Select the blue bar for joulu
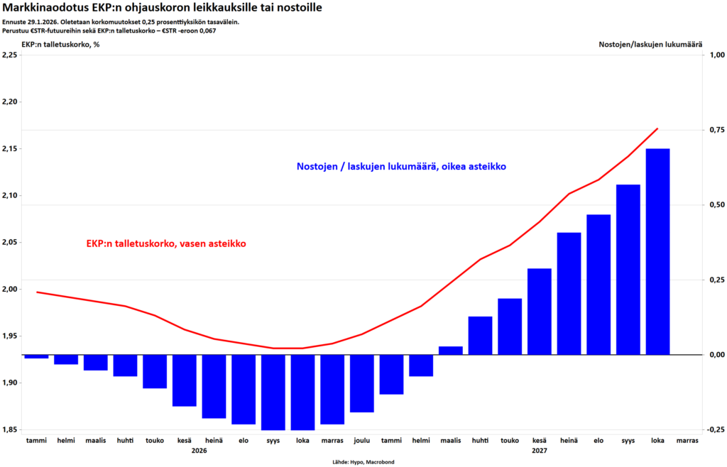(361, 383)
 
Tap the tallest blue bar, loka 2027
(657, 251)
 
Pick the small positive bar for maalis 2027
(450, 350)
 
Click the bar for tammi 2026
(36, 356)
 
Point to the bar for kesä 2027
(539, 311)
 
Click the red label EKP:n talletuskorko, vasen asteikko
(166, 243)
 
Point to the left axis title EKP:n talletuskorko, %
(60, 45)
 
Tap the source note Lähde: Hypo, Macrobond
(363, 462)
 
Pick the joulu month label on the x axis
(361, 440)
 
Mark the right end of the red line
(657, 128)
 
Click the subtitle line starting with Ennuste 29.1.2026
(120, 22)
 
